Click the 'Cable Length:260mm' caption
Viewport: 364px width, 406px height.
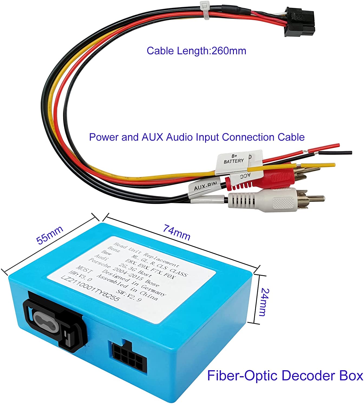pos(196,51)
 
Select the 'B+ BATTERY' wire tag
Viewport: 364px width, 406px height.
pos(233,159)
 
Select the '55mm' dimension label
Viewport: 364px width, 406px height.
pos(50,235)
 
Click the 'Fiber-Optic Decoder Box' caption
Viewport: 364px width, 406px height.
pos(285,376)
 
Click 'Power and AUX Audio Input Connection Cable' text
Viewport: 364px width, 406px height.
pos(197,137)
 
